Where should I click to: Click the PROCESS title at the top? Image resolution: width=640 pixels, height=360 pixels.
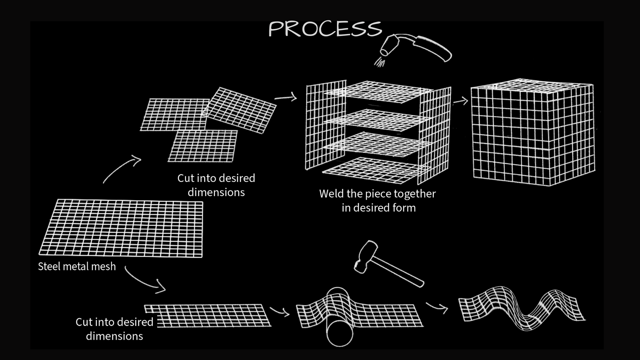point(325,29)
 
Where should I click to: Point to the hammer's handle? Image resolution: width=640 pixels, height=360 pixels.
point(398,271)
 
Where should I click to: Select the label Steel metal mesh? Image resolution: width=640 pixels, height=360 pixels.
point(77,266)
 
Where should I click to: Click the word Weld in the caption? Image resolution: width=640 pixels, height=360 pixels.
point(332,194)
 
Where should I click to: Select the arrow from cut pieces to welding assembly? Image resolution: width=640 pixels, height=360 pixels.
point(286,98)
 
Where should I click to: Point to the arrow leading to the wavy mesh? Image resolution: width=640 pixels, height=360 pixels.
point(437,307)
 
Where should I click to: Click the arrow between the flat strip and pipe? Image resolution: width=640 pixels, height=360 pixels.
point(279,312)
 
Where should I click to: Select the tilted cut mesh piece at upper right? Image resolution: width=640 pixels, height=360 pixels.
point(241,110)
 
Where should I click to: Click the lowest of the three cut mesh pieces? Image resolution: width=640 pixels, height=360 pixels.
point(203,146)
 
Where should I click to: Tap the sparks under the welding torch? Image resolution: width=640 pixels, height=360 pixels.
point(379,62)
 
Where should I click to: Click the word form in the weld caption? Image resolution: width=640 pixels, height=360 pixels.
point(404,208)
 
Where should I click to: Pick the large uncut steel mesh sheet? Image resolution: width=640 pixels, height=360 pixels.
point(121,228)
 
